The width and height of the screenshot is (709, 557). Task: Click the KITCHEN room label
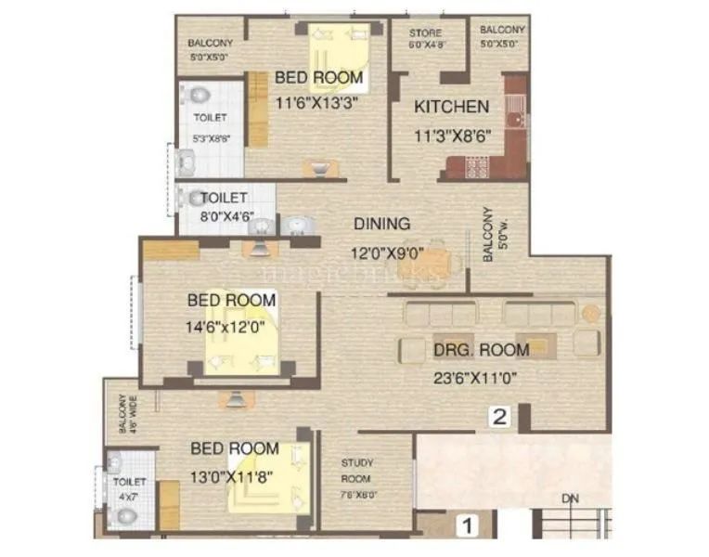pos(451,107)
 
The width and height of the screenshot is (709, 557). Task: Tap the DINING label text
pos(381,224)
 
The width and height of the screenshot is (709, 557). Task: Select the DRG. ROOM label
pos(481,350)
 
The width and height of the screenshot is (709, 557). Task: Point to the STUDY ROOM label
pos(356,469)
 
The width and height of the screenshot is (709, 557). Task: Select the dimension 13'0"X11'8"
pos(235,476)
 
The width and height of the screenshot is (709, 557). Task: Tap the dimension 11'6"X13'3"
pos(317,102)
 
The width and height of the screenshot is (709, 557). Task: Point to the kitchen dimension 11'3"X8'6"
pos(452,136)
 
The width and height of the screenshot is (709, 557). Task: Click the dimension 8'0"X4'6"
pos(224,218)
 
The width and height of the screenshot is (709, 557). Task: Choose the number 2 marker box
pos(499,417)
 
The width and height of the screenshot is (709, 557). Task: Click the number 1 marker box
pos(469,526)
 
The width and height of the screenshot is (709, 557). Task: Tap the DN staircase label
pos(570,500)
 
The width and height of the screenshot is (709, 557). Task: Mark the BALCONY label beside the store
pos(502,35)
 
